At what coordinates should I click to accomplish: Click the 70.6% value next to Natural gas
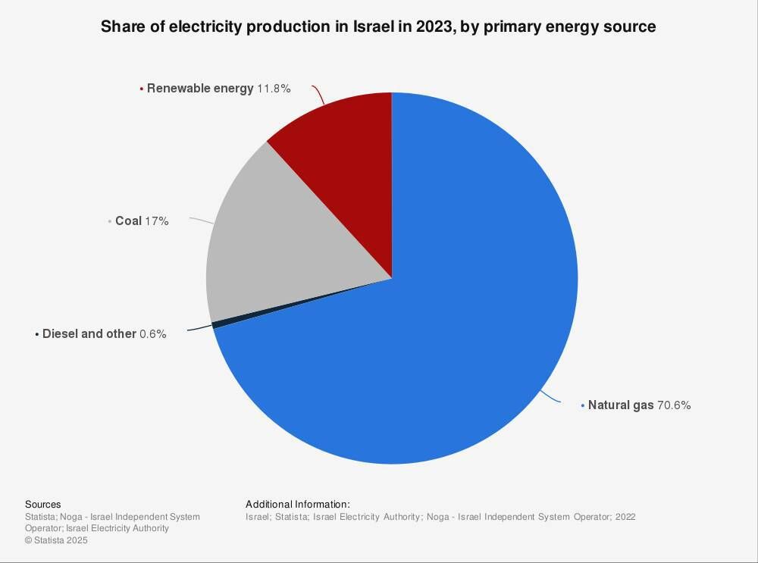tap(674, 405)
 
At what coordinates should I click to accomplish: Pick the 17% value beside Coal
tap(157, 221)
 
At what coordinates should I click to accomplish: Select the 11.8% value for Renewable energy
tap(274, 89)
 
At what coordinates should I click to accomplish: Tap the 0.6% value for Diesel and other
tap(153, 334)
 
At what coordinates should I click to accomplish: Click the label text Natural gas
tap(621, 405)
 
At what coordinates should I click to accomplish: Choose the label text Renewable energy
tap(200, 89)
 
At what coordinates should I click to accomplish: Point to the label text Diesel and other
tap(89, 334)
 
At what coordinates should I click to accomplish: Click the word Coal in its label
tap(128, 221)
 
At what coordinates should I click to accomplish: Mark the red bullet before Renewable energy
tap(142, 89)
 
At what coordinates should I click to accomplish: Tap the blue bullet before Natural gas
tap(583, 406)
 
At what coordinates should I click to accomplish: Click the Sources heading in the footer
tap(43, 505)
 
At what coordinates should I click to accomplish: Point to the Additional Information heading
tap(298, 505)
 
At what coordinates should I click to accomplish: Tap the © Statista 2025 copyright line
tap(56, 540)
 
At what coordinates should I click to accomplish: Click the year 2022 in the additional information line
tap(625, 517)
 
